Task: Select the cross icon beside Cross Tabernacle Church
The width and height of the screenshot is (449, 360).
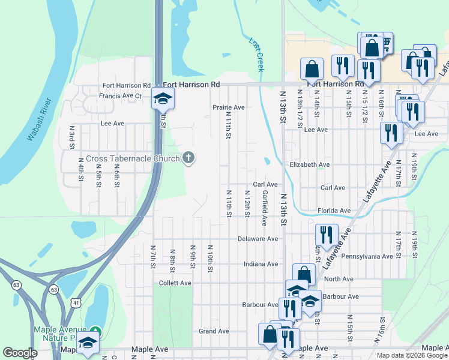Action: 188,158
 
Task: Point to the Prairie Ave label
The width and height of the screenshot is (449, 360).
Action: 229,107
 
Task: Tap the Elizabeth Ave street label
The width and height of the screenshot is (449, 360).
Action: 309,164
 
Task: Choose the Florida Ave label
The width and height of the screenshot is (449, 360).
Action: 334,211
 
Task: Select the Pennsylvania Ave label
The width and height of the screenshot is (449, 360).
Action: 367,256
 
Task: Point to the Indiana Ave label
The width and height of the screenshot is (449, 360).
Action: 261,264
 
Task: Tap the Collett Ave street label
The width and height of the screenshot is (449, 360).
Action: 175,283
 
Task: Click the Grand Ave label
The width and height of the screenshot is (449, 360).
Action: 214,331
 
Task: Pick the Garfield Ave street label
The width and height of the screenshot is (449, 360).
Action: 264,208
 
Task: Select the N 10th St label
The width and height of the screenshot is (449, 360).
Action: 210,258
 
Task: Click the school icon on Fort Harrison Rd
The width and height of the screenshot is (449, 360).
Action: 162,98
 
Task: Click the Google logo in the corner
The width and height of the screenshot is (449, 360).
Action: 20,353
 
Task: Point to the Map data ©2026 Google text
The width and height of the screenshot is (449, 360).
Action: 411,355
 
